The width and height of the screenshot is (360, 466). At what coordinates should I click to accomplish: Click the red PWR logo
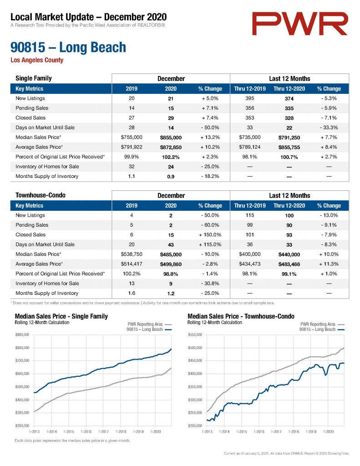[299, 24]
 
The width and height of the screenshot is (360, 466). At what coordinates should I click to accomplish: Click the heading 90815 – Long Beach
[68, 47]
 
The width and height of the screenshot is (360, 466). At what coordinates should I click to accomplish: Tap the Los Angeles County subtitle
[37, 60]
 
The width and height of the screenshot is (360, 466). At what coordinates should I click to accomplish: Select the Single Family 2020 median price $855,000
[171, 137]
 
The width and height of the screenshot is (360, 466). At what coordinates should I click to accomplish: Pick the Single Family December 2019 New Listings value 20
[132, 98]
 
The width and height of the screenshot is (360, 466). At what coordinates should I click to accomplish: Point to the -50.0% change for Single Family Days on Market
[210, 127]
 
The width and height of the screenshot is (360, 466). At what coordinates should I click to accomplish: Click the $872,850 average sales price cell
[171, 147]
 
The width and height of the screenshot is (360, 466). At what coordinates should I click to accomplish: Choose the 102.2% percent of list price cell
[171, 157]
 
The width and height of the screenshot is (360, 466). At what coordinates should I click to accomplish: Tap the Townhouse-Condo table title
[41, 195]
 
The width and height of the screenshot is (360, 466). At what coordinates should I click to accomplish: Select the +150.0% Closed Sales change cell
[210, 235]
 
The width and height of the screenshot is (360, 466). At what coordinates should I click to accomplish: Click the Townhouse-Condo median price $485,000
[171, 254]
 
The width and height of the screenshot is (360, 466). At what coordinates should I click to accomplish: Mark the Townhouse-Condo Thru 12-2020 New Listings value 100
[289, 215]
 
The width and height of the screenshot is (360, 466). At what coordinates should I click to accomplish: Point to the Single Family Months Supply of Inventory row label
[47, 176]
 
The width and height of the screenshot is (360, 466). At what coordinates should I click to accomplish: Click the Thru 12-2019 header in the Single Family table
[250, 89]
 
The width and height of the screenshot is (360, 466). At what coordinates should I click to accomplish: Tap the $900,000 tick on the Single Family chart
[22, 335]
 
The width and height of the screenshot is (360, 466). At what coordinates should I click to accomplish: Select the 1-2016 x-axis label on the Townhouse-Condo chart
[259, 431]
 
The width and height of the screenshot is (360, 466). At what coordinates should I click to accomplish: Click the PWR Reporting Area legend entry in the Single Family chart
[150, 324]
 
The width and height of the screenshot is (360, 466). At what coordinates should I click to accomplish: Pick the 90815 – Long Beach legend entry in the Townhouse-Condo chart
[322, 329]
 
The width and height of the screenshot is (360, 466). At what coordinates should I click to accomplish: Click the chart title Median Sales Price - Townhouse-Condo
[241, 316]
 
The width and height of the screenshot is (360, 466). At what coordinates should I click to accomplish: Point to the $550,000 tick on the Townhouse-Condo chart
[195, 335]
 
